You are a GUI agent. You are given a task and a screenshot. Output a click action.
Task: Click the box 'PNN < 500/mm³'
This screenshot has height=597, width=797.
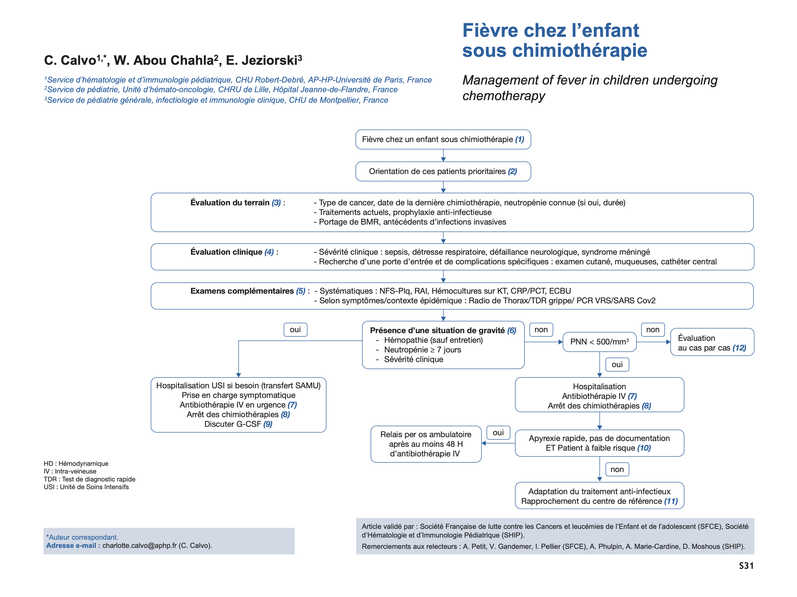(599, 342)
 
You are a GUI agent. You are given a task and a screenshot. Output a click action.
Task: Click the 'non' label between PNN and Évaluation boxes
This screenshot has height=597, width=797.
(653, 330)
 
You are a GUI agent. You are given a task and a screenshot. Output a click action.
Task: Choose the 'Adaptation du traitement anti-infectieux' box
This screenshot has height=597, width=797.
(599, 496)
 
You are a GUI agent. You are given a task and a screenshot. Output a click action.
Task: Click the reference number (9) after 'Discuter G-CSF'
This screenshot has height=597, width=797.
(268, 424)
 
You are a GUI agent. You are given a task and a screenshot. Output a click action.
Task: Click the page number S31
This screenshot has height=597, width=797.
(746, 566)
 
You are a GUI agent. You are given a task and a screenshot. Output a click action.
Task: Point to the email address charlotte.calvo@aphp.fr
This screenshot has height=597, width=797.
(139, 545)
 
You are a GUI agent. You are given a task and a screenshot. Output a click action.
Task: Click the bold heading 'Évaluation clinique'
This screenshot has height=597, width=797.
(226, 252)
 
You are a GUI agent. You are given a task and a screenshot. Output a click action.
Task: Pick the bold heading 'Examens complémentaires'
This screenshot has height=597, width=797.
(242, 291)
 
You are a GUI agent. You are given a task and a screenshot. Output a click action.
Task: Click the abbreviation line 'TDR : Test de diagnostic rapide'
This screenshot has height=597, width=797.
(89, 479)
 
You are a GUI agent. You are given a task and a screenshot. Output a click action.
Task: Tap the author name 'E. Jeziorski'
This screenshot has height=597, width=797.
(264, 60)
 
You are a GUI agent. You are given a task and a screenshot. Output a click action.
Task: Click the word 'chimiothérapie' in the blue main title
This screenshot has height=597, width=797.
(580, 51)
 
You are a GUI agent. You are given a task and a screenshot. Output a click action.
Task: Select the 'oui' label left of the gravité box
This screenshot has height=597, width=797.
(295, 330)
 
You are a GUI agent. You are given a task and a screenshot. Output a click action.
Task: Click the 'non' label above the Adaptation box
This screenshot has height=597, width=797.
(617, 469)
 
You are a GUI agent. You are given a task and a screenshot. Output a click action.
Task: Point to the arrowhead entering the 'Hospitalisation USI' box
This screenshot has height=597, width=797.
(239, 375)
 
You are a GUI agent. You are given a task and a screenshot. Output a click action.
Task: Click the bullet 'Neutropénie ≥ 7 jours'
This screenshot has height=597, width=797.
(422, 350)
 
